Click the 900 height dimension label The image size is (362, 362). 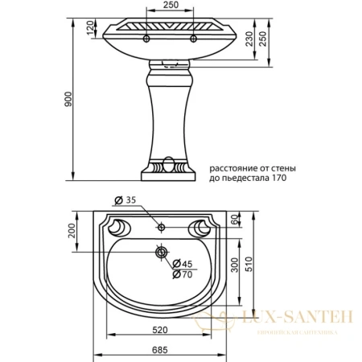pyautogui.click(x=69, y=99)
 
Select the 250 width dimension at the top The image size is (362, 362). pyautogui.click(x=167, y=6)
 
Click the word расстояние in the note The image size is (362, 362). pyautogui.click(x=234, y=167)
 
